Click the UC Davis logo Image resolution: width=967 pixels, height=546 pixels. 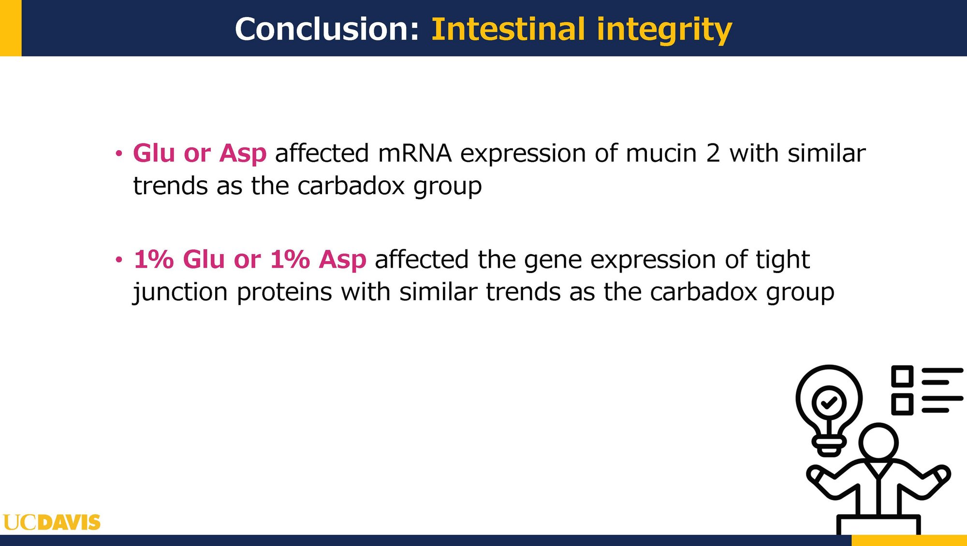click(x=52, y=522)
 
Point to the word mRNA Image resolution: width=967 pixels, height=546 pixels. click(x=415, y=154)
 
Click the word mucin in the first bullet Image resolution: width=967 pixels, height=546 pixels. click(x=661, y=154)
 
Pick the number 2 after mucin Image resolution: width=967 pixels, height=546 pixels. click(x=713, y=154)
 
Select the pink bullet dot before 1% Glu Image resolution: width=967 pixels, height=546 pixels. click(x=119, y=260)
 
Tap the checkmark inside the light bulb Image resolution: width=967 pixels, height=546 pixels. click(x=830, y=402)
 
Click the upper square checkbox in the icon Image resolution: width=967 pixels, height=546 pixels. click(x=902, y=376)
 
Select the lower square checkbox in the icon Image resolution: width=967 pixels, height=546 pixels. click(x=902, y=404)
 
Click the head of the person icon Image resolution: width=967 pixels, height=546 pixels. click(x=879, y=442)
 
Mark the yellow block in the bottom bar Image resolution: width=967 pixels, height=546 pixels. click(x=909, y=540)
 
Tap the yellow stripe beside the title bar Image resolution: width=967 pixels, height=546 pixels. click(x=11, y=28)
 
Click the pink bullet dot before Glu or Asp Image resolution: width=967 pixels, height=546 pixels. click(x=119, y=154)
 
